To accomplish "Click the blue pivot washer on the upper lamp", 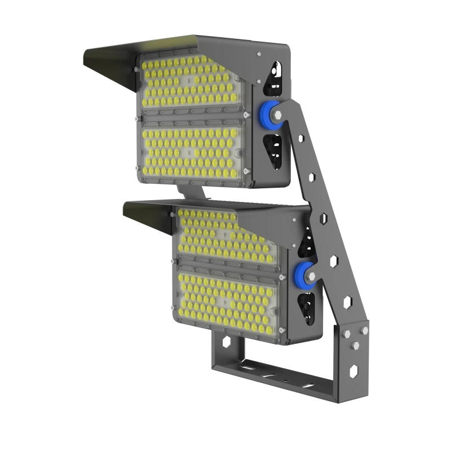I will (275, 112).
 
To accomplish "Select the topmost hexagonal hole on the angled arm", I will (301, 139).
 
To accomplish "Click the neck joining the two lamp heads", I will (191, 192).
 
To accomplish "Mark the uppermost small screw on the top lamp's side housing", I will (259, 55).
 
